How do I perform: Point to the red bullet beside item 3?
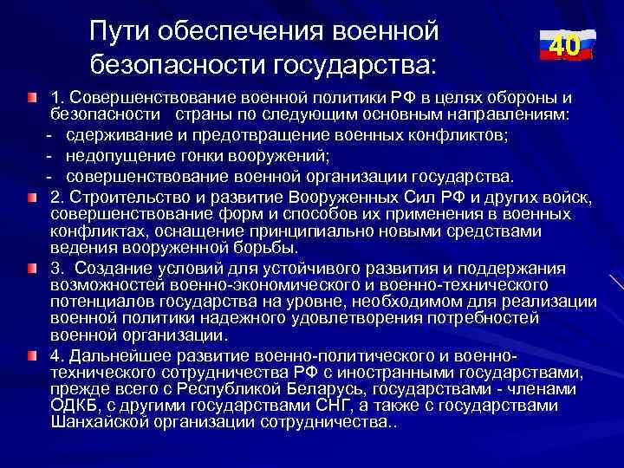tap(32, 267)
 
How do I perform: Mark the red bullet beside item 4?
tap(32, 356)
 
